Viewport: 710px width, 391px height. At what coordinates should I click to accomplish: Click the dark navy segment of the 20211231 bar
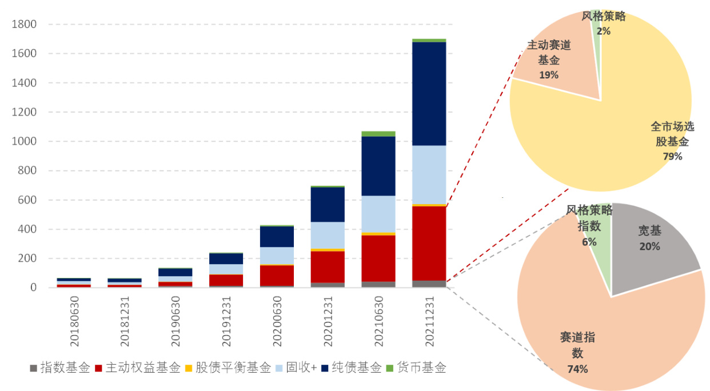429,94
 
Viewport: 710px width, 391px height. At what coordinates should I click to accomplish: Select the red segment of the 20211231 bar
429,243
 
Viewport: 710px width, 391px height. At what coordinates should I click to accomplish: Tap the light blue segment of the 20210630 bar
378,214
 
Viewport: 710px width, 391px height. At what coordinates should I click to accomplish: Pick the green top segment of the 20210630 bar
378,134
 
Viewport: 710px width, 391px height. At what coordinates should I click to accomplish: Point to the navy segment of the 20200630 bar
277,237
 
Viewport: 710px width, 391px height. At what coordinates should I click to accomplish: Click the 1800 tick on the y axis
24,25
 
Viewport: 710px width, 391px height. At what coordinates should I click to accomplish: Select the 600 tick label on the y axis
26,200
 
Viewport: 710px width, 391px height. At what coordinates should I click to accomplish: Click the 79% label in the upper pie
672,156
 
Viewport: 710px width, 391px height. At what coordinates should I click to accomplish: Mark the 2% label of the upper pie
603,31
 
